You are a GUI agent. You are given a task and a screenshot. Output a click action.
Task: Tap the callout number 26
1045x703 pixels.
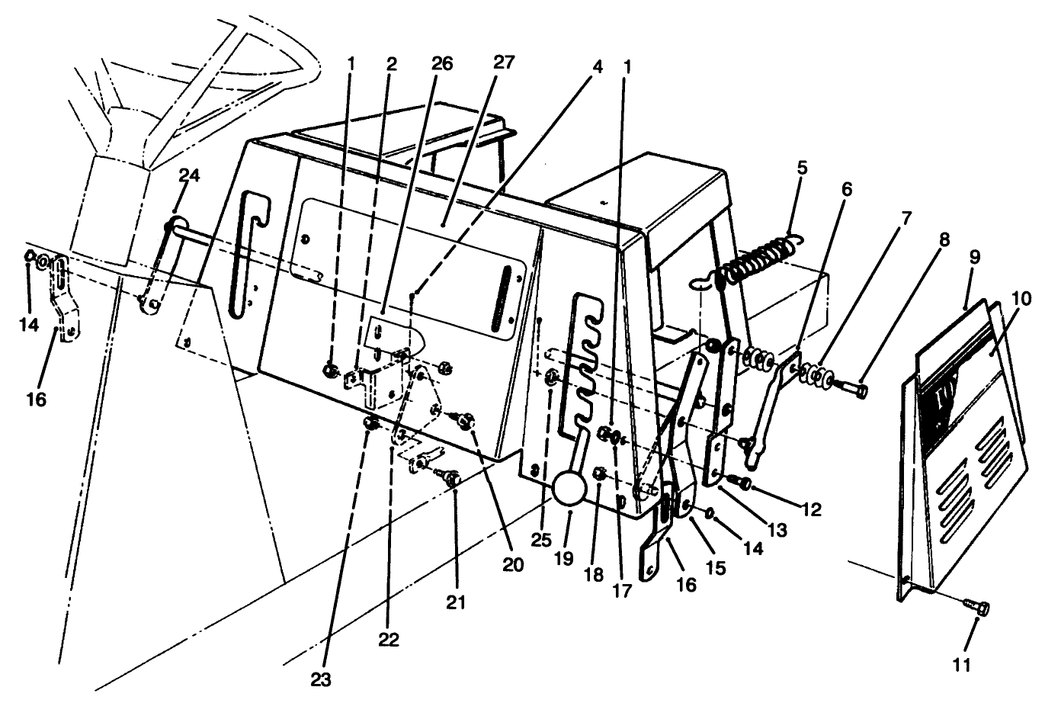[441, 64]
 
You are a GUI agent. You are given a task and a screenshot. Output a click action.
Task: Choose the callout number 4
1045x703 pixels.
[597, 67]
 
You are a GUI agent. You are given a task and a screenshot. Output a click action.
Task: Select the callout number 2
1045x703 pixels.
[392, 64]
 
